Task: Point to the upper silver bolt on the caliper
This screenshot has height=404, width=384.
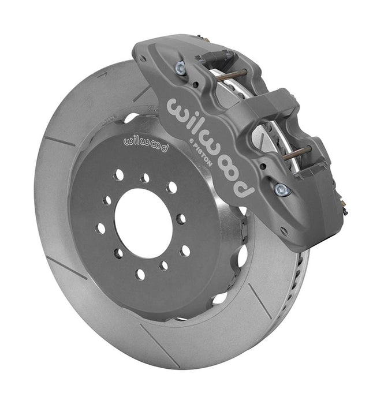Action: tap(181, 68)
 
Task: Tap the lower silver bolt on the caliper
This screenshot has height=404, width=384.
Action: tap(282, 189)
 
